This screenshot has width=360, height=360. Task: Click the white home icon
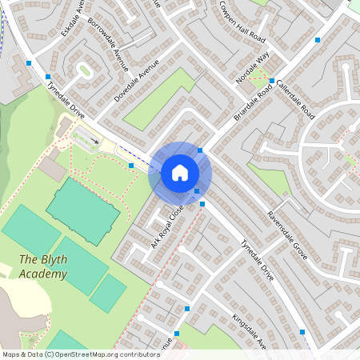click(x=179, y=173)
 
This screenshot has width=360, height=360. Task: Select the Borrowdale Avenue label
click(x=107, y=45)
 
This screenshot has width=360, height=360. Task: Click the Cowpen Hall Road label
click(x=241, y=21)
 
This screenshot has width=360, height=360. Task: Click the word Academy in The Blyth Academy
click(x=44, y=274)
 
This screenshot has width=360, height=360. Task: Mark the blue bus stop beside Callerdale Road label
click(x=272, y=81)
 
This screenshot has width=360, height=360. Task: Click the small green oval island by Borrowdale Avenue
click(x=84, y=70)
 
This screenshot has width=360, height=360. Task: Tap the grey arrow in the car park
click(x=94, y=142)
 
